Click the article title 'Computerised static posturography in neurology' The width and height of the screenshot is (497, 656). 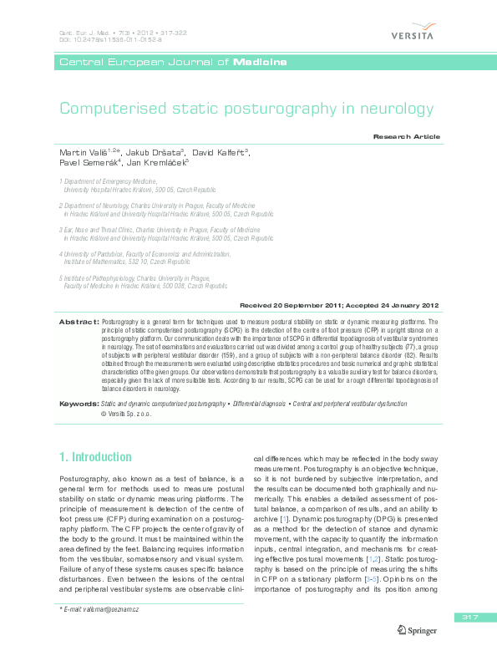(x=246, y=109)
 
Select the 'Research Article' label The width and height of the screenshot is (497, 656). (x=406, y=136)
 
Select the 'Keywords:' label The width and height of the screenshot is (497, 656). (x=79, y=404)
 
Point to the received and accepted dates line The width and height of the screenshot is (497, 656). (x=339, y=306)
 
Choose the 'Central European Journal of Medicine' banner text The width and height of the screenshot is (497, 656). (x=173, y=63)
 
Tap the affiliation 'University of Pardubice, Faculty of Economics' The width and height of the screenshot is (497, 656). (x=146, y=253)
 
